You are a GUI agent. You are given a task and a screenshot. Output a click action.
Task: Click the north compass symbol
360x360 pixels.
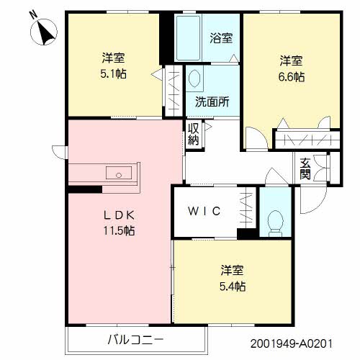44,32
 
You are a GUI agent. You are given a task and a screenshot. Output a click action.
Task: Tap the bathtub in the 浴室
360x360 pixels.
188,38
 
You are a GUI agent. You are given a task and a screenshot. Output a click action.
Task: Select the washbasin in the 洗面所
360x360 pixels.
194,78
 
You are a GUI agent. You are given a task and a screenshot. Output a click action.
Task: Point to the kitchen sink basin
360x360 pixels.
119,173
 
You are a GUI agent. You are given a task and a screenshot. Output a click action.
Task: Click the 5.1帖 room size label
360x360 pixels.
113,74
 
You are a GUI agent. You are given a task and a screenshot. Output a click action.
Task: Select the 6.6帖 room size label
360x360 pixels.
292,77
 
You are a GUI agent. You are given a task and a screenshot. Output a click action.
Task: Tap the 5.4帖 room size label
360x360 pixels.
233,286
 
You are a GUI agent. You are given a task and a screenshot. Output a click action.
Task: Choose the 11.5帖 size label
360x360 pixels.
119,230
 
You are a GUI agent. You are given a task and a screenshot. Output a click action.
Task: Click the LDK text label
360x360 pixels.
119,215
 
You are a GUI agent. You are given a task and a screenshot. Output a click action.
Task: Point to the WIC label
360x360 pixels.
204,211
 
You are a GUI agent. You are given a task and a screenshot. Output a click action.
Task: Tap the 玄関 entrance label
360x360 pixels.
305,168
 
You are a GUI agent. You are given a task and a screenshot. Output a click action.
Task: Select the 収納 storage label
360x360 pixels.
193,134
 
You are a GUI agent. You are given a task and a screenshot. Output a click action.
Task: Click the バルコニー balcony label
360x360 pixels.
135,340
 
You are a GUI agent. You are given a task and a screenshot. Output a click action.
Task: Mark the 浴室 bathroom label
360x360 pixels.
221,38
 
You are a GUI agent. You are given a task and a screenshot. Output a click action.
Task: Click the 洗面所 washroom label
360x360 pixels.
212,102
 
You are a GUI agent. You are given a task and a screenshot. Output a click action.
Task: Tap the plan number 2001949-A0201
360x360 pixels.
292,343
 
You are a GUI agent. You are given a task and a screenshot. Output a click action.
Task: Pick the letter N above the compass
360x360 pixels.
34,15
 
